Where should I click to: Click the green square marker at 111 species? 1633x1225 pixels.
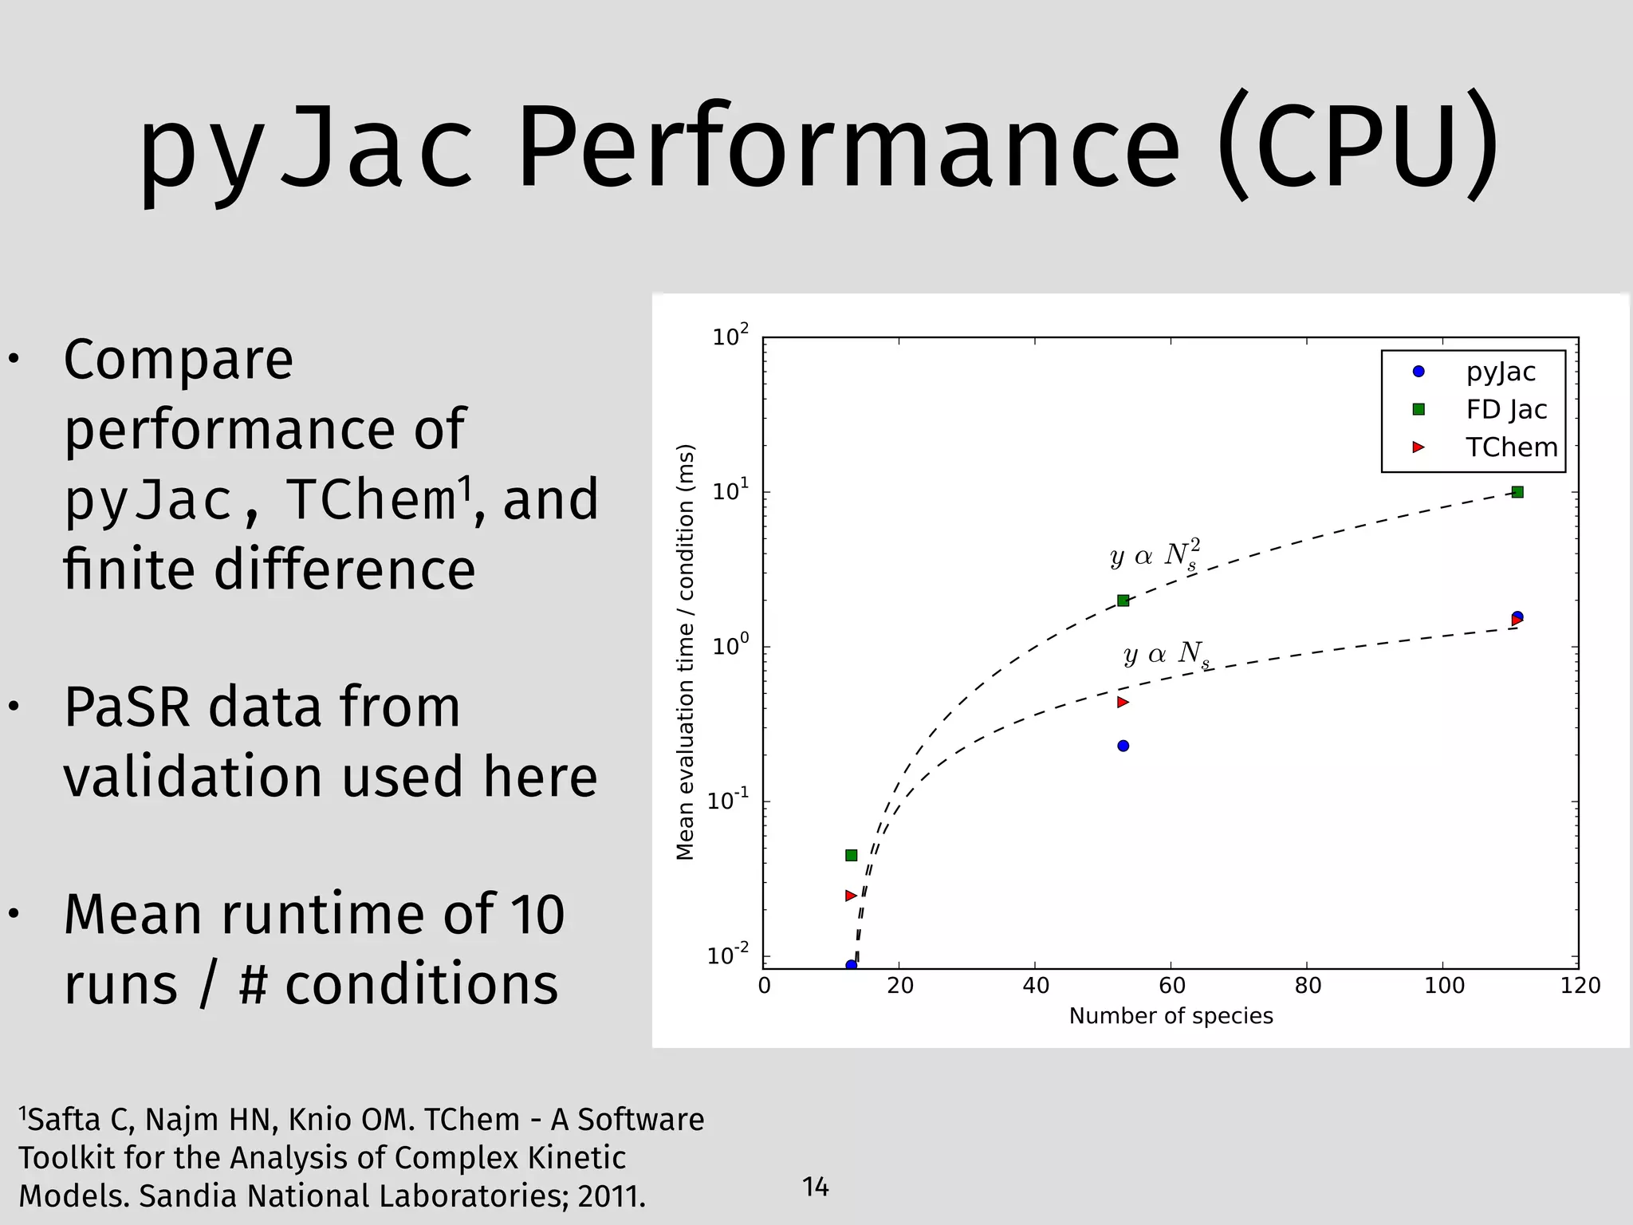click(1517, 492)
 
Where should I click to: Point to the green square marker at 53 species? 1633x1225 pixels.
click(1123, 601)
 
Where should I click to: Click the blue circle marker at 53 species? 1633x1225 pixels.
click(1123, 746)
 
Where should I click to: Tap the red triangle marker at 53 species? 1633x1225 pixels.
click(1123, 702)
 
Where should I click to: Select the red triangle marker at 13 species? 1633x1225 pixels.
click(850, 896)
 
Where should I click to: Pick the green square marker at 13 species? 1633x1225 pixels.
click(851, 855)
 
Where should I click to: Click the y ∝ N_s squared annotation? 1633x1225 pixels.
click(1155, 555)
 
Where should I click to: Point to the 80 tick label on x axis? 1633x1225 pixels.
click(1308, 987)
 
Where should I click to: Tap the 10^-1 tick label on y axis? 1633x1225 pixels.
click(728, 799)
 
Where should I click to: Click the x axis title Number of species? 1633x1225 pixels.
click(1171, 1016)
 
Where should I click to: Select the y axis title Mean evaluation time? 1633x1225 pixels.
click(685, 652)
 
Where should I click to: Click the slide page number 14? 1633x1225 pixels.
click(816, 1187)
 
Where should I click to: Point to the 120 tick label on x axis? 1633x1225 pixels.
click(1580, 987)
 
